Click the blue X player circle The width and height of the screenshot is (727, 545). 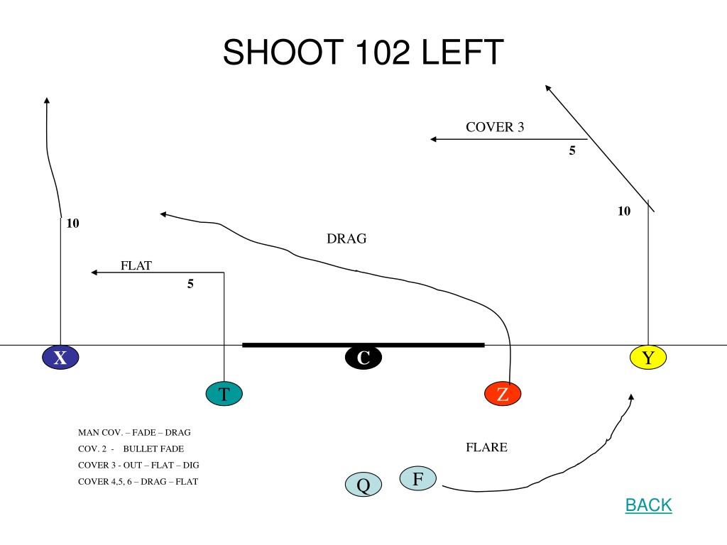(x=60, y=358)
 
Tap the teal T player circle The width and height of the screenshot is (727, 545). (x=224, y=393)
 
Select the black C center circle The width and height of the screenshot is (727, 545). (x=363, y=358)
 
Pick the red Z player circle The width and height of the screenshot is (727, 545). (x=503, y=394)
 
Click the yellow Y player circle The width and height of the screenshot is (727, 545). (x=648, y=358)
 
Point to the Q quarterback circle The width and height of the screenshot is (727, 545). (x=363, y=484)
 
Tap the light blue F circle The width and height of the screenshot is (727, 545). (x=417, y=478)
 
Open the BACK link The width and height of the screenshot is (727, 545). (x=649, y=505)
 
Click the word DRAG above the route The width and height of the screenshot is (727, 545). (x=346, y=238)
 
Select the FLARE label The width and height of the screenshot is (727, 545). (x=486, y=447)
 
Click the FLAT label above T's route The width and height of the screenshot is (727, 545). (x=136, y=265)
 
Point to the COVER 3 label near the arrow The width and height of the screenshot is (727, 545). (x=495, y=126)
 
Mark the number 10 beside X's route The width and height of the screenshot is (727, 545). (x=73, y=223)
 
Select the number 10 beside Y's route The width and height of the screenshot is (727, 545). (x=624, y=211)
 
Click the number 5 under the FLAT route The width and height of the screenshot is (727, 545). (x=190, y=284)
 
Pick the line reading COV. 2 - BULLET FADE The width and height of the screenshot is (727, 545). (x=131, y=448)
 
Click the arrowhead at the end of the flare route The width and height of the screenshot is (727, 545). (x=631, y=397)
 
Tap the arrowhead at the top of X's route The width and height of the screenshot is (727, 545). (x=46, y=100)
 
